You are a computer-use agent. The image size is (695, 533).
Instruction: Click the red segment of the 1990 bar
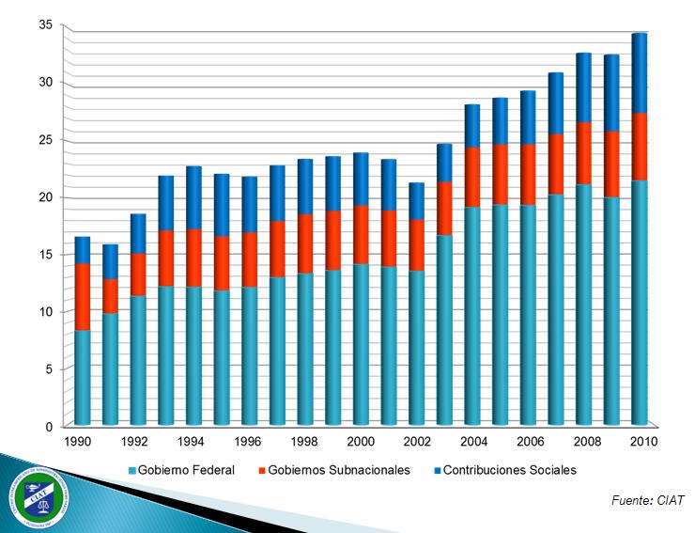coord(83,296)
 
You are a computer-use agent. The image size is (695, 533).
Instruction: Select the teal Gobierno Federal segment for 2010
coord(640,303)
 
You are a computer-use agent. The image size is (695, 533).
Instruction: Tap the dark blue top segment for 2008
coord(584,87)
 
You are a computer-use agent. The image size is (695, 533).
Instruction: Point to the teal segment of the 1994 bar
coord(194,355)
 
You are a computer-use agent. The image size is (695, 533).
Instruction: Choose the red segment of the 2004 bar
coord(472,177)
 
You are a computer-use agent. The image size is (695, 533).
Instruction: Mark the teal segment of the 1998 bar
coord(305,349)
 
